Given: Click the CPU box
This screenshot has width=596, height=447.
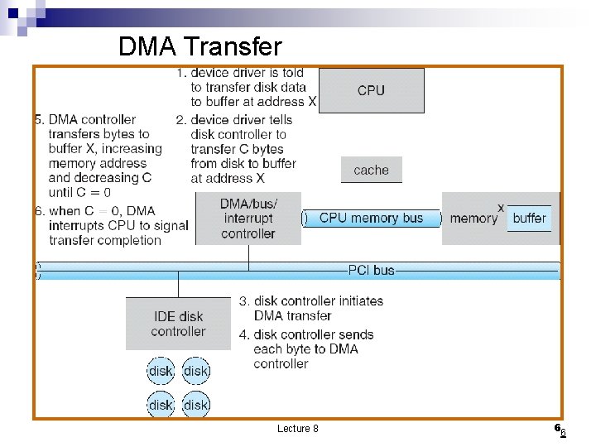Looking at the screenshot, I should (x=371, y=90).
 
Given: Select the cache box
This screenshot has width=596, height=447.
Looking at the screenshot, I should (x=371, y=170).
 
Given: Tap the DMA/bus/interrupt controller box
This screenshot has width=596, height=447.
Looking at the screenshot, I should (x=248, y=219).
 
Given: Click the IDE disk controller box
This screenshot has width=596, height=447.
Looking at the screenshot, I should (x=178, y=323).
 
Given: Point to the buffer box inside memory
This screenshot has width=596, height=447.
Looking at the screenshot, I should (x=529, y=218).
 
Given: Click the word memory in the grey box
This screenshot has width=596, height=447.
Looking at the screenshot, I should (x=473, y=219).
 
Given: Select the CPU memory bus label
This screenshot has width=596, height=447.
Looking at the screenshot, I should (x=371, y=218).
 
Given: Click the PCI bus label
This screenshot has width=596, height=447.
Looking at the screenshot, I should (x=371, y=270).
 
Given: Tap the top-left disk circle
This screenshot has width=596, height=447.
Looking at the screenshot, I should (x=161, y=371).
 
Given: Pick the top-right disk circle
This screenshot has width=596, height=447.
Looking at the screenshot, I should (x=196, y=371).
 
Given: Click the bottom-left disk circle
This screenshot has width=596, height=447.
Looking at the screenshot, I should (x=161, y=405).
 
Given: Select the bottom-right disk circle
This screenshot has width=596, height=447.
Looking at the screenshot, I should (x=196, y=405).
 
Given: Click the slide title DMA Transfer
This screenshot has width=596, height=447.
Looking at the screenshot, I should (x=200, y=46).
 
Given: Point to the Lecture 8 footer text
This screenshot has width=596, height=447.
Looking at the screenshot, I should (x=297, y=428).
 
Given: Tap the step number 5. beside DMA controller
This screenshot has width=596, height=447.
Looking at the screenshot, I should (x=39, y=119).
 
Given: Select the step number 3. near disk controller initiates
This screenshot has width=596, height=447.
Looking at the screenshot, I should (x=245, y=300).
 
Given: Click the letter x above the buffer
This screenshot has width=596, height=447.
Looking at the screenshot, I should (x=501, y=206).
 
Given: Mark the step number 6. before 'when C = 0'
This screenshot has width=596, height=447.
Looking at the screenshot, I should (x=39, y=210).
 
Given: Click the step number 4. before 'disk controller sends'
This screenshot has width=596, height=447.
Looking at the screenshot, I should (x=245, y=334).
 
